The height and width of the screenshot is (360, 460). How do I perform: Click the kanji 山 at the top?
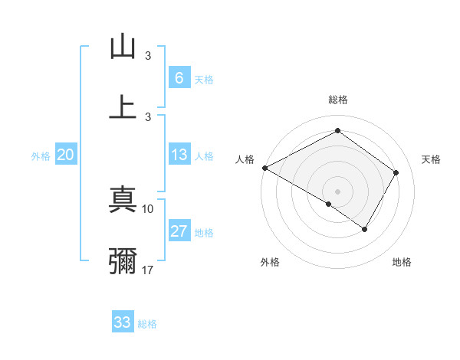[x=123, y=47]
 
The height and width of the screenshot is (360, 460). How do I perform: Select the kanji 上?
[x=123, y=107]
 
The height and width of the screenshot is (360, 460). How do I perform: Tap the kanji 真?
[x=123, y=201]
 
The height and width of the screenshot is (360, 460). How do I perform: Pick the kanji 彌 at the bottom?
[x=123, y=261]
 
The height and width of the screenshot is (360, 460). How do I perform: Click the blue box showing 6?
[x=179, y=77]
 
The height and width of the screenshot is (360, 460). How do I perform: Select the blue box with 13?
[x=179, y=155]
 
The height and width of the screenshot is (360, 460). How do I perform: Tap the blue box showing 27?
[x=179, y=231]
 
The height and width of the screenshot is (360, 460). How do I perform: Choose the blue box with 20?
[x=66, y=155]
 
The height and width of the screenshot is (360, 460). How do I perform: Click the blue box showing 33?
[x=123, y=322]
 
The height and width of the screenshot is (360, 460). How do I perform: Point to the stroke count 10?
[x=148, y=208]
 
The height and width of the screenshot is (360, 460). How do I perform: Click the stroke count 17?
[x=148, y=269]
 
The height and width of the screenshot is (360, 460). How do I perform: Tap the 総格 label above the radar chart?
[x=337, y=100]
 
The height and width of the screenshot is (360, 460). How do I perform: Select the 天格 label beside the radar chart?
[x=431, y=159]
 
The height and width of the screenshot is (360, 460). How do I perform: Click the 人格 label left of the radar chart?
[x=245, y=159]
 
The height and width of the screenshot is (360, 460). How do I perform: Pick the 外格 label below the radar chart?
[x=270, y=262]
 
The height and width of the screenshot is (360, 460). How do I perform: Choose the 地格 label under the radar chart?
[x=402, y=262]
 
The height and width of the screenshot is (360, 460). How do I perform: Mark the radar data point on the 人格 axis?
[x=264, y=168]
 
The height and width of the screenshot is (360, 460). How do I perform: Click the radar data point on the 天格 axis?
[x=396, y=172]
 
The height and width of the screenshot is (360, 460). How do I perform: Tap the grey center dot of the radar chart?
[x=337, y=191]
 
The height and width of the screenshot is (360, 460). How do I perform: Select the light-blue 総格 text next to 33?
[x=147, y=323]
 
